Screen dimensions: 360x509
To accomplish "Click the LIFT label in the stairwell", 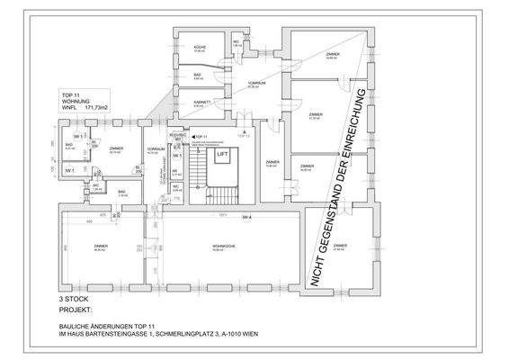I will [x=222, y=155].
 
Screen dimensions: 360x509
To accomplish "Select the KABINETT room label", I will [x=202, y=102].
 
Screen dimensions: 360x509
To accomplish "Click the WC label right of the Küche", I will [x=236, y=41].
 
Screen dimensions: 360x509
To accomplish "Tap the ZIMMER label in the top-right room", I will [x=332, y=55].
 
